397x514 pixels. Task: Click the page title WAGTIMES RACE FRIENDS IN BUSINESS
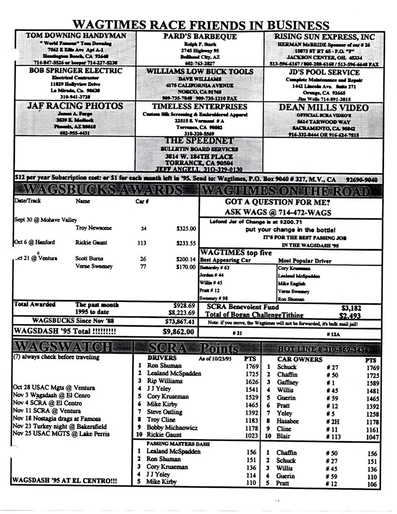coord(201,24)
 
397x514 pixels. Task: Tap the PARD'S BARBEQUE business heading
coord(200,36)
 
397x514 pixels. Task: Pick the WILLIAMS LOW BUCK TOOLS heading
coord(200,71)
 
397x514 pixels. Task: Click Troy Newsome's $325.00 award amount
coord(186,229)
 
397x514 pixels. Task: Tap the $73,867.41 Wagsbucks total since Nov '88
coord(179,321)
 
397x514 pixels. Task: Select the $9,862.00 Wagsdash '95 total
coord(178,332)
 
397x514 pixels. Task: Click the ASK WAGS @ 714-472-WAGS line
coord(278,213)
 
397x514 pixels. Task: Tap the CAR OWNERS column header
coord(299,360)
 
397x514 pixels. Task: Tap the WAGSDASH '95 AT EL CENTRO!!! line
coord(64,480)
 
